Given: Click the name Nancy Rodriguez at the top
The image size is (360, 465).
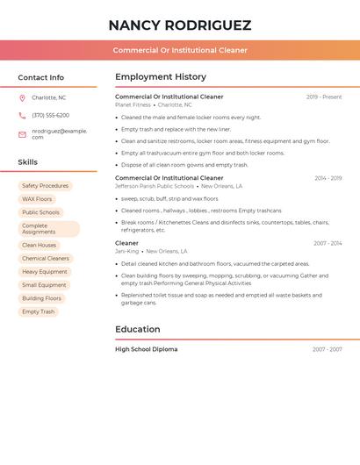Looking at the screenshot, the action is point(180,25).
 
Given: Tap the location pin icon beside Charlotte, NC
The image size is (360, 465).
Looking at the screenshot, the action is point(22,97).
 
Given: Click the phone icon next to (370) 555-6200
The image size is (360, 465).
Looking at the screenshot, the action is point(22,115).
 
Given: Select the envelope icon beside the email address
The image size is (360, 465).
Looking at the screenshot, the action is point(22,134).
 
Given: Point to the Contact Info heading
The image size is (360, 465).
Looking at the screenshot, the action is point(40,77).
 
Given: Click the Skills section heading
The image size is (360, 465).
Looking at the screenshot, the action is point(28,162).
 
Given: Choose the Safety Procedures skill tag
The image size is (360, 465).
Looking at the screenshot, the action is point(45,186).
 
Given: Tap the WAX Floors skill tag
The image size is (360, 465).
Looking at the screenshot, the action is point(37,199).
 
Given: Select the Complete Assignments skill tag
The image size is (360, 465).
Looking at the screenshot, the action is point(48,229).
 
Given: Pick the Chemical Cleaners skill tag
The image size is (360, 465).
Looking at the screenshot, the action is point(46,259).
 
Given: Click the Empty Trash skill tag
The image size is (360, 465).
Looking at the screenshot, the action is point(39,311).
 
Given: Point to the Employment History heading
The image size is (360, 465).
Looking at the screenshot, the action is point(161,76).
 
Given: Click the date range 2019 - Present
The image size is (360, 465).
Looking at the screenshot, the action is point(324,97).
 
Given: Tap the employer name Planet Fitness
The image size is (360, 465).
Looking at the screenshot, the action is point(133,104).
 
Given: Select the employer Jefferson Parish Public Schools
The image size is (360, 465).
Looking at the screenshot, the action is point(155,186).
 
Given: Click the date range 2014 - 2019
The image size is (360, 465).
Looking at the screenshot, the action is point(328,178).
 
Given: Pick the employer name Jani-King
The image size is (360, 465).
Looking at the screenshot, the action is point(127,251).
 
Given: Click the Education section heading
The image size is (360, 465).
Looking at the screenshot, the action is point(138,329).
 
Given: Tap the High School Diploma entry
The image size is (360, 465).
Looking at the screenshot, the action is point(146,349).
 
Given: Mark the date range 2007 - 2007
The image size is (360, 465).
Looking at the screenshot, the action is point(328,349).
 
